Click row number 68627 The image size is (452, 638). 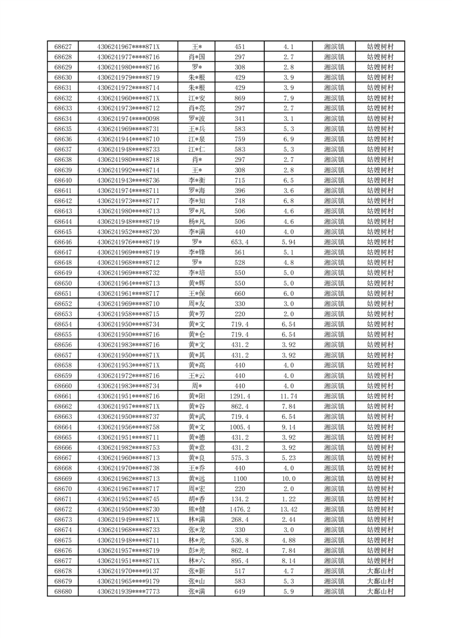[63, 47]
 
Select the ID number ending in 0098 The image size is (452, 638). [128, 119]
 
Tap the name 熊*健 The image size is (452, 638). [197, 509]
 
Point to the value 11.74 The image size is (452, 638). [288, 396]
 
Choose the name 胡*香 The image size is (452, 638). [197, 499]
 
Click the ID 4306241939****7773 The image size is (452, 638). [128, 591]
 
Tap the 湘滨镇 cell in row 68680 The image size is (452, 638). [334, 591]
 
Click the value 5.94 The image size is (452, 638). [288, 242]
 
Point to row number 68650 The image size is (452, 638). [63, 283]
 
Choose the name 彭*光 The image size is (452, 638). [197, 550]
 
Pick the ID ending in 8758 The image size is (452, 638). [128, 427]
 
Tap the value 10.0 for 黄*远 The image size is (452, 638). [288, 478]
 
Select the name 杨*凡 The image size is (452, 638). [197, 221]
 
